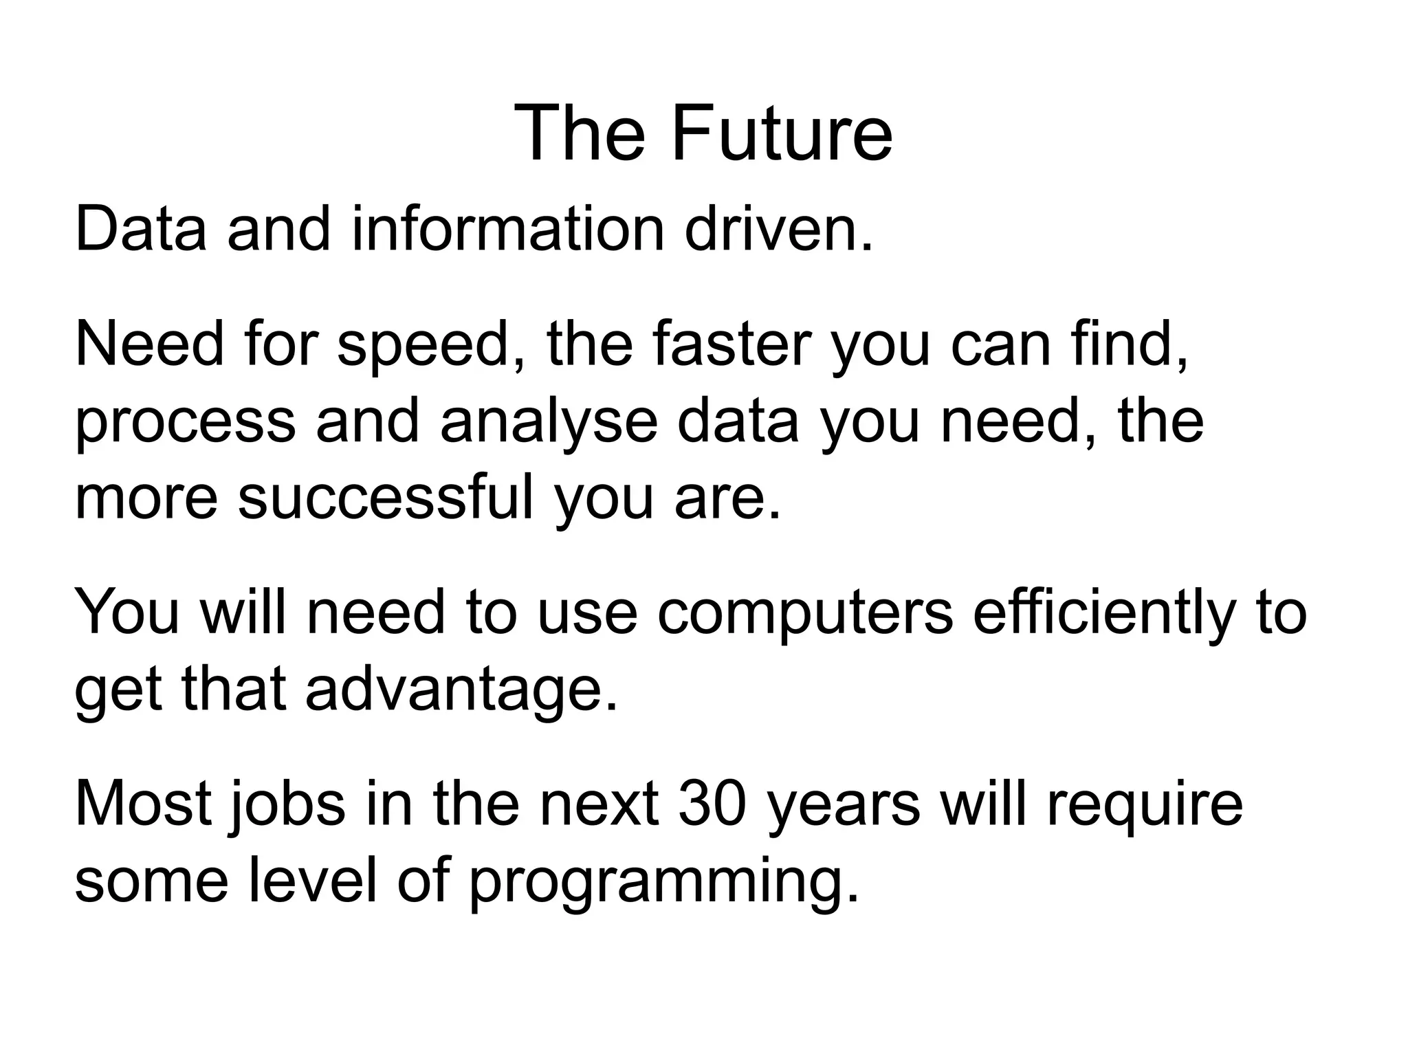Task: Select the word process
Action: point(185,423)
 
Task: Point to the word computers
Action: point(805,614)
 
